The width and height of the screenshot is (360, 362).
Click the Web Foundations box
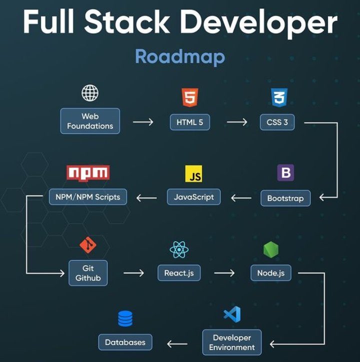coord(90,121)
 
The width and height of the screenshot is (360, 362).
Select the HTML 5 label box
coord(190,122)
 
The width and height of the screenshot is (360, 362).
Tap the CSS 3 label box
coord(277,122)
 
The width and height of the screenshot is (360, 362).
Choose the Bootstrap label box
coord(285,198)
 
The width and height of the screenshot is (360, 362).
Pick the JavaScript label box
coord(193,197)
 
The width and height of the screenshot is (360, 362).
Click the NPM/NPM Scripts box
coord(88,197)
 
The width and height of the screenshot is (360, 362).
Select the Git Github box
coord(88,273)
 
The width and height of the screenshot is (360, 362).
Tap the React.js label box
coord(179,273)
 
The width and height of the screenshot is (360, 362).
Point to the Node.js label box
coord(271,273)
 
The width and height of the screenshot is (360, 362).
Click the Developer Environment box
coord(232,342)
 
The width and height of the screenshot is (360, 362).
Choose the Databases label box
coord(125,342)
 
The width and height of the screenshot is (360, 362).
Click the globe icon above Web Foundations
coord(90,93)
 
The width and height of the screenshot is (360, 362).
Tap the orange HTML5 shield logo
coord(190,97)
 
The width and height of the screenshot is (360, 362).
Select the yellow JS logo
coord(193,173)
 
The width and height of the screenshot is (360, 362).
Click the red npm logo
coord(88,173)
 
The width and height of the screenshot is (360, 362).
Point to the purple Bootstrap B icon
coord(285,172)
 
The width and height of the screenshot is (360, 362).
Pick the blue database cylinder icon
coord(125,318)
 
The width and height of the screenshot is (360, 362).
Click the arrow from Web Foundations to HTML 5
coord(143,122)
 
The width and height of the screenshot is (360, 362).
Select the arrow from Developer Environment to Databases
coord(177,344)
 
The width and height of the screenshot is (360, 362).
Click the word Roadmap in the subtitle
coord(180,57)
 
